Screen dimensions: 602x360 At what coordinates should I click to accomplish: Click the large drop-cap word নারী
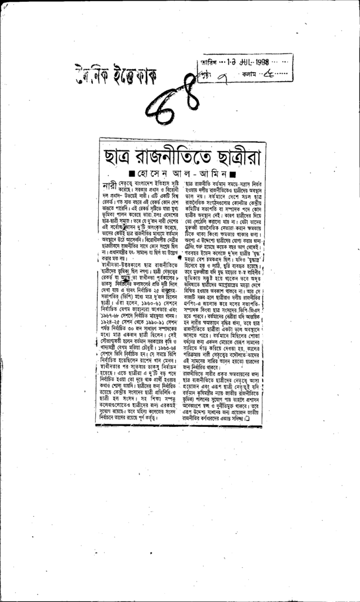109,188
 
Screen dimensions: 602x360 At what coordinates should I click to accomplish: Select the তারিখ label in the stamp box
206,62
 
